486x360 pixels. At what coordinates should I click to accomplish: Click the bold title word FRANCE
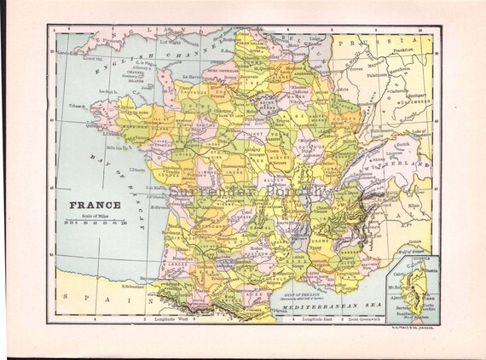coord(95,205)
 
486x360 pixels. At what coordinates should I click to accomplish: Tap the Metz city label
coord(344,88)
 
